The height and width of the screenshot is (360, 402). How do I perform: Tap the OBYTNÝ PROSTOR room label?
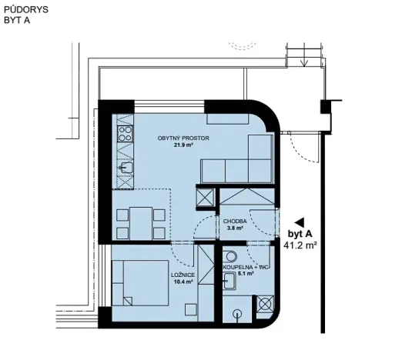(183, 138)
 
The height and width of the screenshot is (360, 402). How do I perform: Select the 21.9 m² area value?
(182, 146)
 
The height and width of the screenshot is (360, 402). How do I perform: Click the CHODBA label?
(235, 221)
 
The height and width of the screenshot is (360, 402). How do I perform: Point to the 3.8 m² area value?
(235, 228)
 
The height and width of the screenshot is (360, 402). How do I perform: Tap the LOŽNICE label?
(183, 275)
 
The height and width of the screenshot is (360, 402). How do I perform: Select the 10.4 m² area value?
(183, 282)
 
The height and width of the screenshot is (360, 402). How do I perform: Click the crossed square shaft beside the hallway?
(206, 198)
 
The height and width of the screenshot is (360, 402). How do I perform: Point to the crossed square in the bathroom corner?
(266, 304)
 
